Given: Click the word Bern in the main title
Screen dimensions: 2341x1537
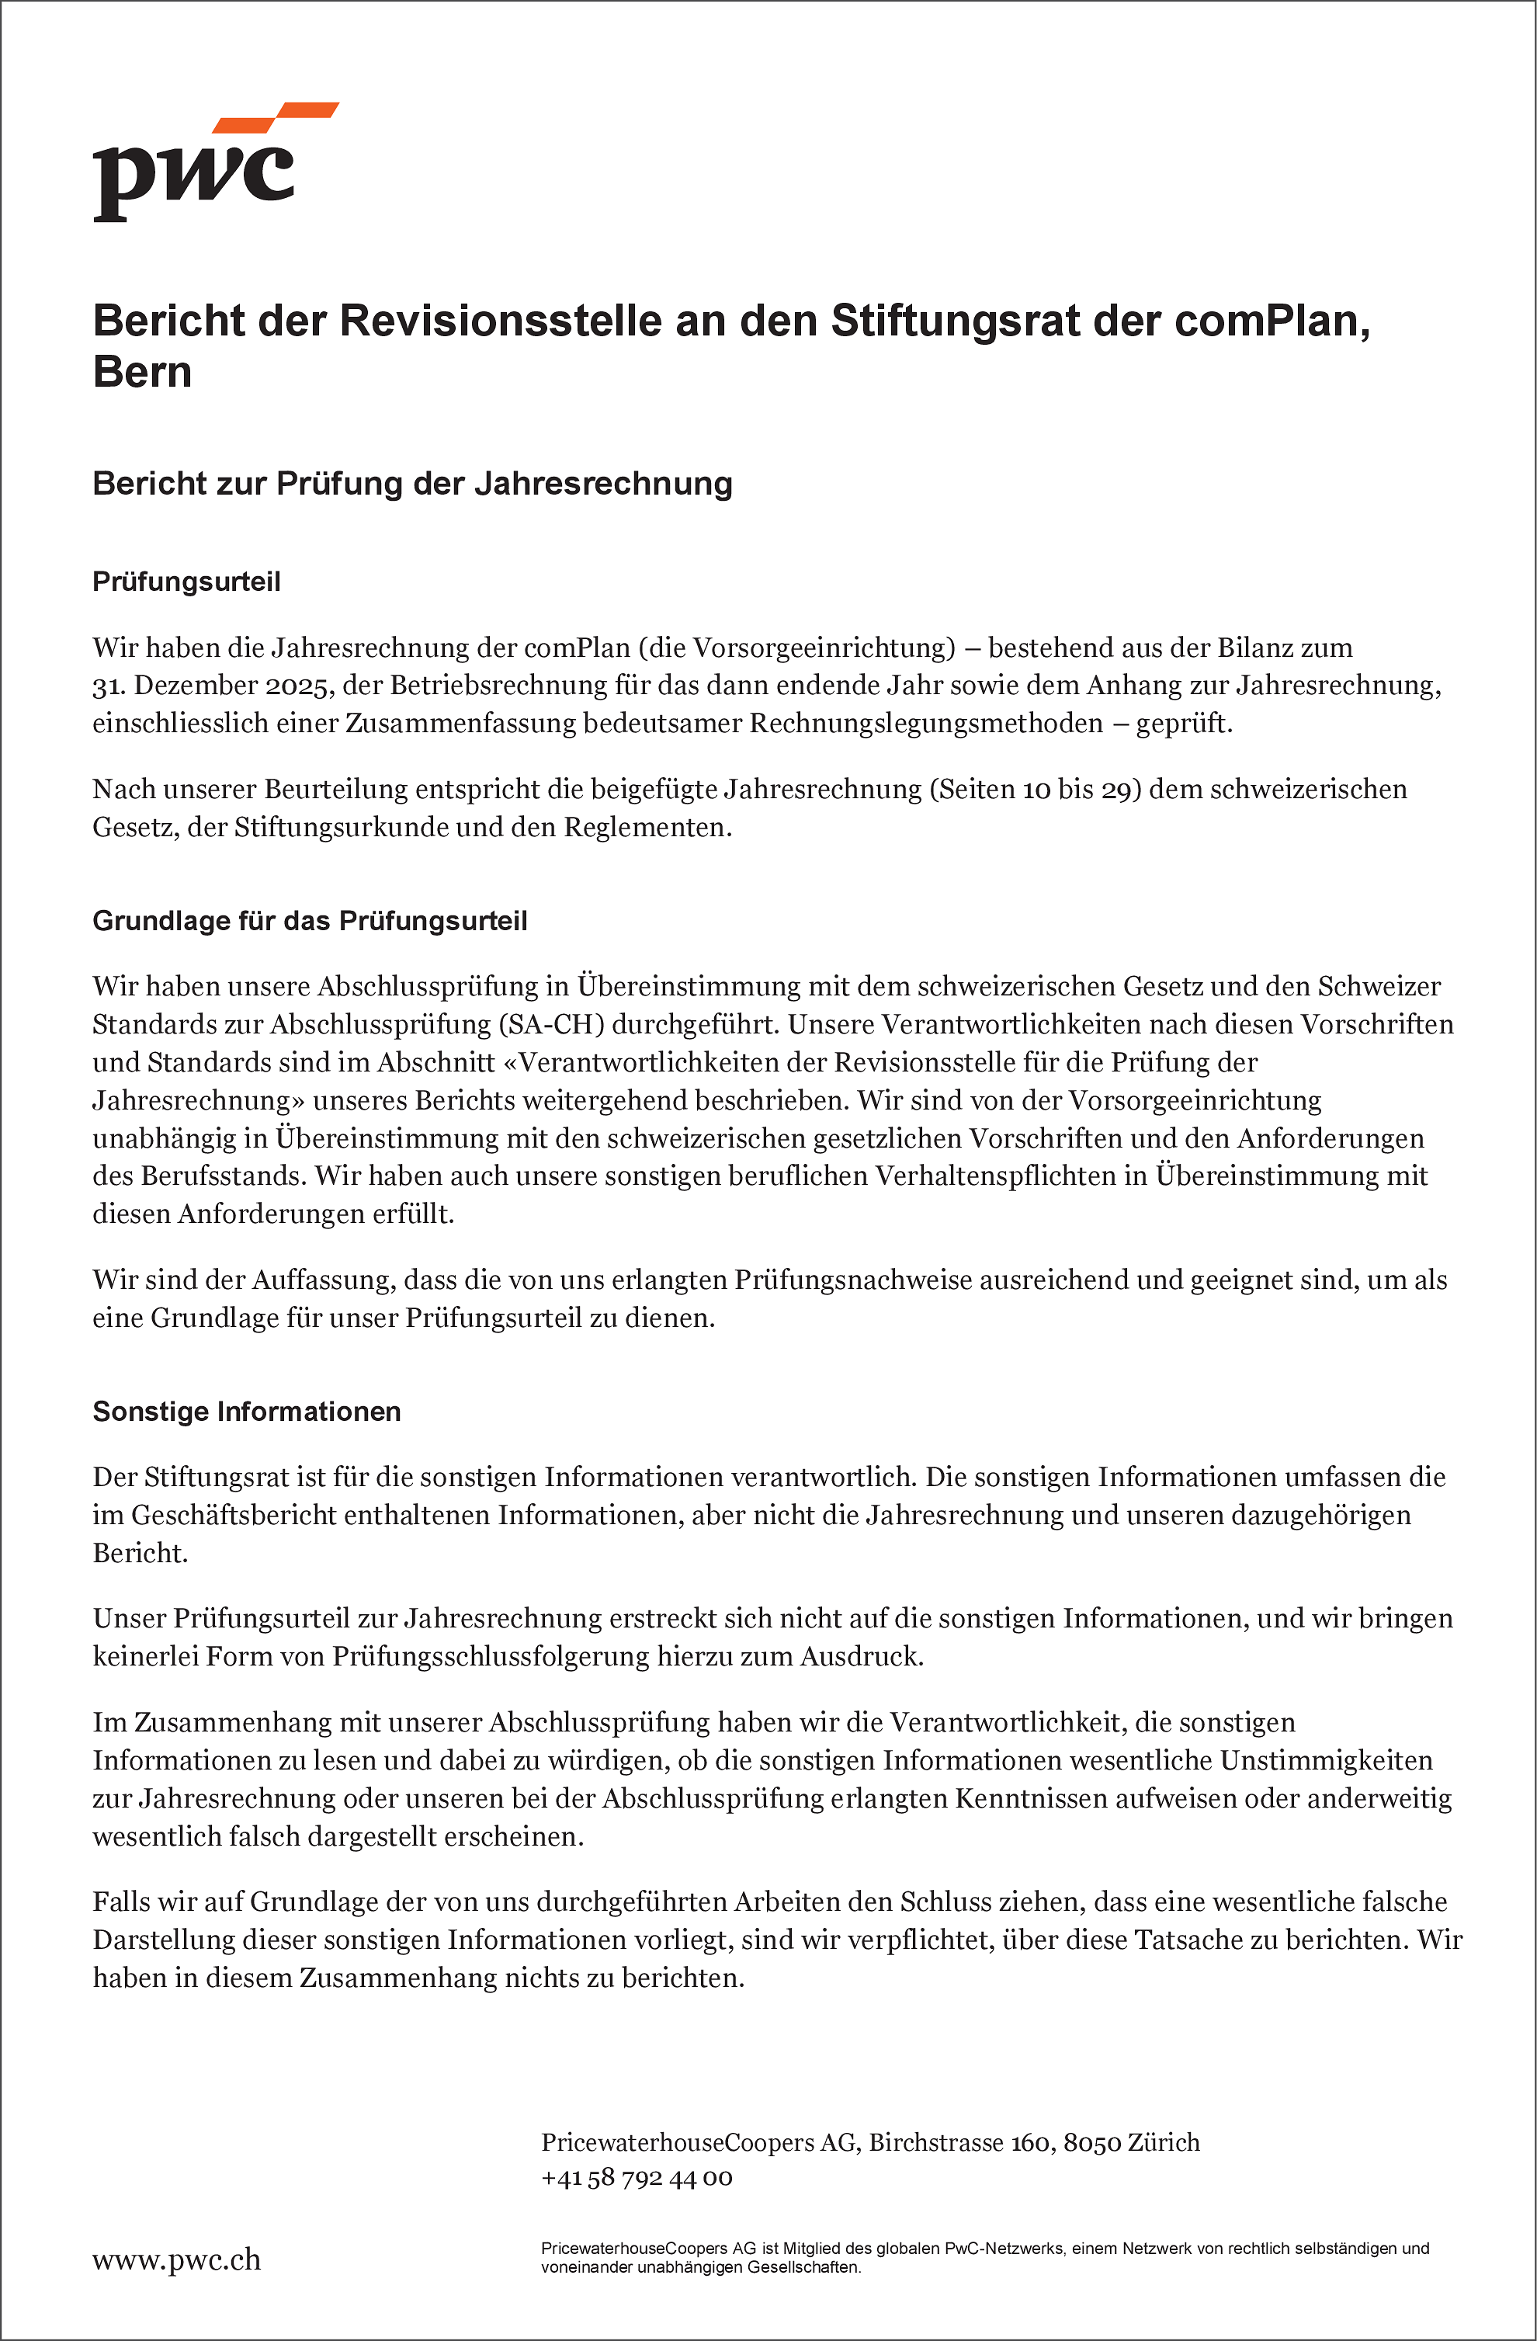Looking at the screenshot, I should click(143, 373).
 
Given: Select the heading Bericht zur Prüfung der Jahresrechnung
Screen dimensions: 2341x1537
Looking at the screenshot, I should click(412, 484).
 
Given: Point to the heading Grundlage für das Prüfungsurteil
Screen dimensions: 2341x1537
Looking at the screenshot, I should click(310, 922).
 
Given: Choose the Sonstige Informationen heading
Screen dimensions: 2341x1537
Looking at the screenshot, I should click(247, 1412).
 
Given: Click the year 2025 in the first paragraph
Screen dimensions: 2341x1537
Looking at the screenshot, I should click(297, 686).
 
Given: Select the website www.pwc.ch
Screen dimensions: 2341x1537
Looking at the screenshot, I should click(177, 2260).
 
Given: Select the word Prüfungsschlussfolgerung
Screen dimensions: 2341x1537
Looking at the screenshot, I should click(491, 1658).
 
